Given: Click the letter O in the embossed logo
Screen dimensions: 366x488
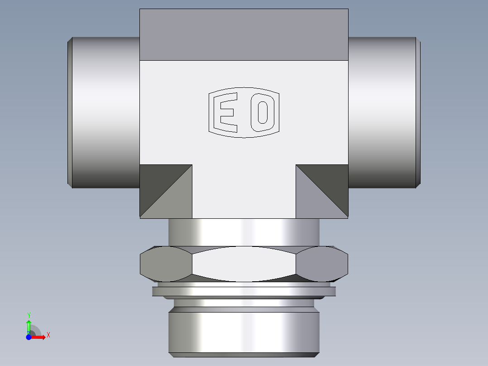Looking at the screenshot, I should click(x=263, y=112).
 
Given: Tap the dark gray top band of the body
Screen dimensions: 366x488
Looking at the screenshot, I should click(x=244, y=34).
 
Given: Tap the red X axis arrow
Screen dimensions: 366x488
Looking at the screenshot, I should click(x=40, y=337).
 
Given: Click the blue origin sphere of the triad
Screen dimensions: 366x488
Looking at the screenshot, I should click(x=29, y=337).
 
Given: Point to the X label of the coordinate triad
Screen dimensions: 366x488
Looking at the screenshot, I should click(x=48, y=335).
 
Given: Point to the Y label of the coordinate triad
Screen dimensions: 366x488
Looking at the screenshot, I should click(x=29, y=314).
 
